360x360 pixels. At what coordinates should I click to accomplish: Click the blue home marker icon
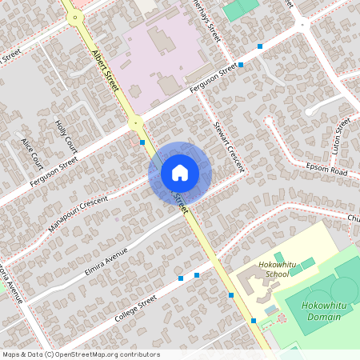point(180,172)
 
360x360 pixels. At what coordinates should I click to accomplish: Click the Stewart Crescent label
point(228,146)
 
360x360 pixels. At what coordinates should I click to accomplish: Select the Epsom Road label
point(327,172)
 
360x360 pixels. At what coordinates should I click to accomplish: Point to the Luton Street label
point(342,136)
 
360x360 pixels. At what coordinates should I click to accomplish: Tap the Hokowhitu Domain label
point(322,311)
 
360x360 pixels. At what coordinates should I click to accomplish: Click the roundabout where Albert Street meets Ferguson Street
point(134,122)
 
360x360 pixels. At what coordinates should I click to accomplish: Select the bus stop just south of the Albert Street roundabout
point(142,142)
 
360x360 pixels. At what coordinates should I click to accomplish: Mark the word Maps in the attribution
point(12,354)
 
